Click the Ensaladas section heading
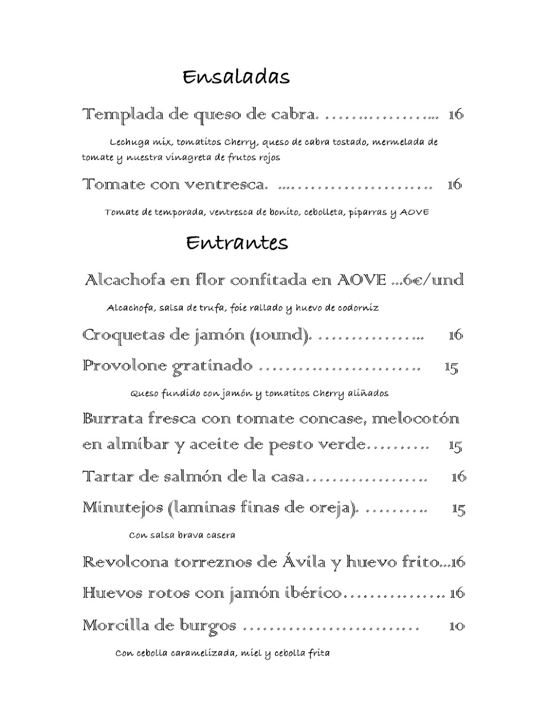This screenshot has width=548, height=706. click(236, 77)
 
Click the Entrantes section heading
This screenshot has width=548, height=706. click(237, 242)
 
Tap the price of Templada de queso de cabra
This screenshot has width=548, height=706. click(455, 115)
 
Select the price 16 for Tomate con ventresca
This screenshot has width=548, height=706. click(454, 185)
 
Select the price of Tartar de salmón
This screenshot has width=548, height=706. click(458, 477)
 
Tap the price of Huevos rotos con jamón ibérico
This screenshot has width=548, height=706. click(457, 593)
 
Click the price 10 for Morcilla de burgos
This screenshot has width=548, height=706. click(457, 625)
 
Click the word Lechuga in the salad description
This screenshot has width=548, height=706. click(128, 142)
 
